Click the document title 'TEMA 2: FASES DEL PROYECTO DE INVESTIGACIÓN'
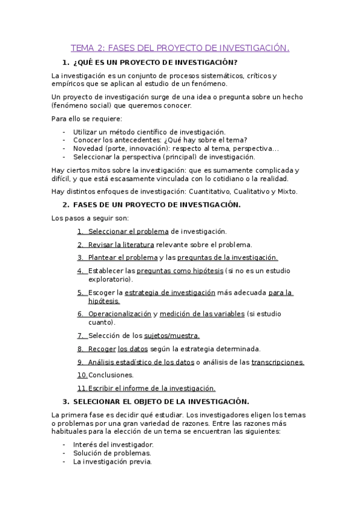pos(180,48)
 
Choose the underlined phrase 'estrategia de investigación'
pos(169,293)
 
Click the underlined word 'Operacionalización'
pos(120,314)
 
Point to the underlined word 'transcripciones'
pos(277,362)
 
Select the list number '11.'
pos(82,389)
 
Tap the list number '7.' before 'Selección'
pos(81,336)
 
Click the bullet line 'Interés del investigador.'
pos(109,444)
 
